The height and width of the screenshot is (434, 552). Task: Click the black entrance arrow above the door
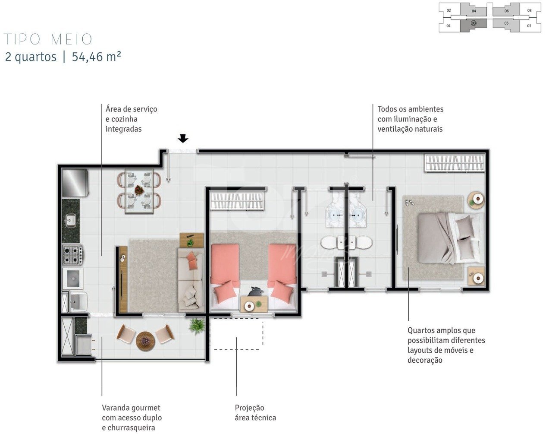[x=183, y=139]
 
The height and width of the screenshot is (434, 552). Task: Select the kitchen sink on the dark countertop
[x=71, y=220]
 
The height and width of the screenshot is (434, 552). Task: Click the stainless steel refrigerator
[x=75, y=183]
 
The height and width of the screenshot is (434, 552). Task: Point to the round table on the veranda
[x=145, y=341]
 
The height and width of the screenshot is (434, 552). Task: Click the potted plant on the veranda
[x=197, y=326]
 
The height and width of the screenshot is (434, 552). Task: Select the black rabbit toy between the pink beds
[x=255, y=291]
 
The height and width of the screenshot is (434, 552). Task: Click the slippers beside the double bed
[x=409, y=203]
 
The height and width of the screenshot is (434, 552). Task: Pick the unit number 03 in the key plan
[x=474, y=23]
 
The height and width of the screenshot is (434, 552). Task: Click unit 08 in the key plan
[x=529, y=11]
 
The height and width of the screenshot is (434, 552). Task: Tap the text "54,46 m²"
[x=96, y=57]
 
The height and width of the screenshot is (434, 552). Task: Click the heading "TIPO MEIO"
[x=48, y=39]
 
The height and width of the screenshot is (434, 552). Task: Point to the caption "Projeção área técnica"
[x=255, y=413]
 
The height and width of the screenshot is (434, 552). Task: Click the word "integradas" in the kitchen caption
[x=123, y=129]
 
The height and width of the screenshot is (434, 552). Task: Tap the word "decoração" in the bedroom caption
[x=425, y=360]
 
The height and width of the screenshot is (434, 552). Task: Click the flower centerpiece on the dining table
[x=139, y=190]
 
